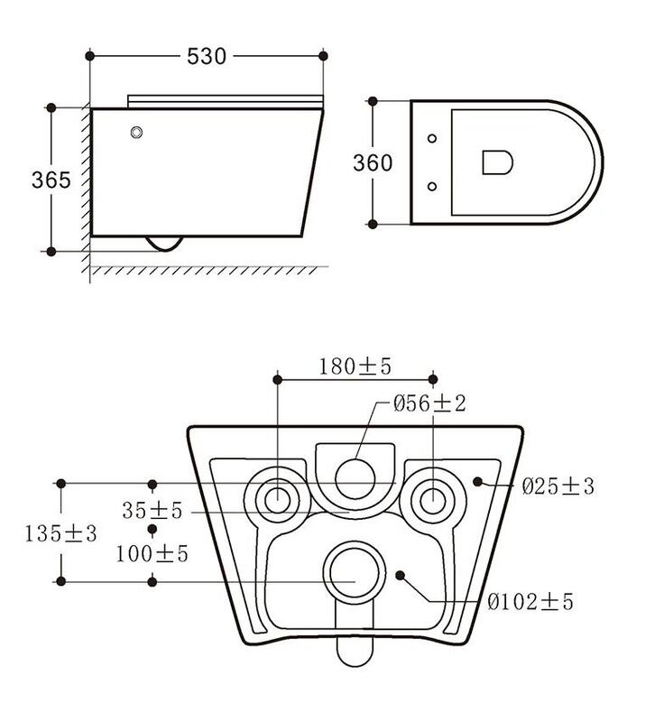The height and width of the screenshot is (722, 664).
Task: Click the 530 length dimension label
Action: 207,56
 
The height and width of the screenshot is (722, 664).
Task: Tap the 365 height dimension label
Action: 51,180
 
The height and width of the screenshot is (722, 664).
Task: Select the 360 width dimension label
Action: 373,162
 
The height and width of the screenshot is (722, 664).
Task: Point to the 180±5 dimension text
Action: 355,366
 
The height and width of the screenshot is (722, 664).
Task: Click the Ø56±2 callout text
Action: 429,403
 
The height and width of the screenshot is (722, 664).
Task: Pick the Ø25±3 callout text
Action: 558,486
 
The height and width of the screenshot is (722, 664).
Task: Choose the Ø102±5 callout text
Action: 530,601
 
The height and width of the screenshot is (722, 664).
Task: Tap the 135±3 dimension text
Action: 60,533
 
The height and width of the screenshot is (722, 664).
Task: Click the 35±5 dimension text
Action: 152,510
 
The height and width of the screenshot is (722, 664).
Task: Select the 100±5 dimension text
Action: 152,553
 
